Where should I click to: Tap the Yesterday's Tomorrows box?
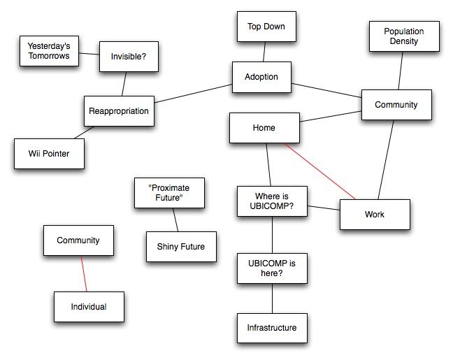click(48, 51)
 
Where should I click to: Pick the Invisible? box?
click(127, 57)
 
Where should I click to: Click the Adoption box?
click(261, 77)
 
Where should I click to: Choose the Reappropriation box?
click(119, 110)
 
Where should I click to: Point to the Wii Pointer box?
click(49, 153)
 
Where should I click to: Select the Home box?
click(264, 129)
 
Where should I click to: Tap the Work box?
click(375, 215)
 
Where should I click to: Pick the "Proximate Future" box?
click(169, 193)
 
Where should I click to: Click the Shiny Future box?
click(181, 246)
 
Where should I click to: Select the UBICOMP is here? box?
click(272, 267)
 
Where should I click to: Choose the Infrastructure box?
click(272, 328)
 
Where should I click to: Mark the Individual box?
click(89, 307)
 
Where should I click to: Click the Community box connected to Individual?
click(78, 240)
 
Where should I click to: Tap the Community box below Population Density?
click(396, 106)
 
